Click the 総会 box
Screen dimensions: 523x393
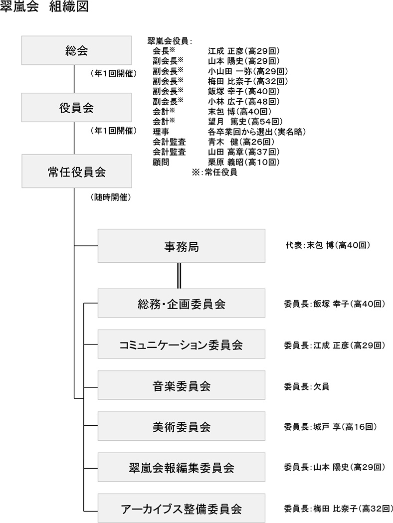74,50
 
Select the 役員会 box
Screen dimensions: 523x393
74,108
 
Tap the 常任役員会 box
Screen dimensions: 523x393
74,172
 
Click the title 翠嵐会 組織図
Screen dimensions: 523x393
44,9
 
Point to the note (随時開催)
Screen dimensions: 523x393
111,197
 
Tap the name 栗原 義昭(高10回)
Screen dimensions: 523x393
243,162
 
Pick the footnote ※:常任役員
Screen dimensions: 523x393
214,173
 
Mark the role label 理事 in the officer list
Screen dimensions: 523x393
161,132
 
